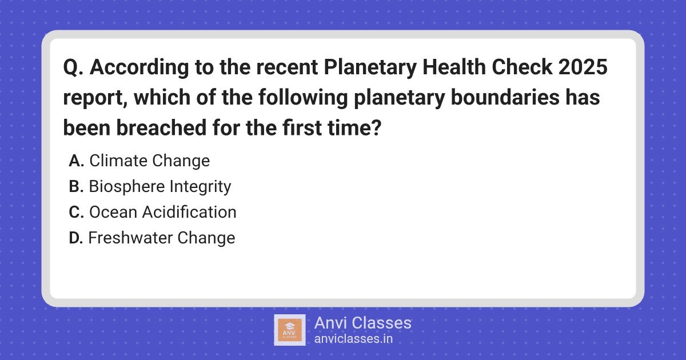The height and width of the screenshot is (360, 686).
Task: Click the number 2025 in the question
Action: [x=583, y=67]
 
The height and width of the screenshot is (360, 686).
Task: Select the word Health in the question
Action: [x=454, y=67]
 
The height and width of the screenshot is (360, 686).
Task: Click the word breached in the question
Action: [x=161, y=127]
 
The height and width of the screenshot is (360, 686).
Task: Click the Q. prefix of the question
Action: [x=73, y=67]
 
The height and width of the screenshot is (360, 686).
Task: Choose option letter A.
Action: [x=76, y=161]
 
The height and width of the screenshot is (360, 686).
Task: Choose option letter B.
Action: [x=76, y=186]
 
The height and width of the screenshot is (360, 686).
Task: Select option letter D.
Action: [x=76, y=238]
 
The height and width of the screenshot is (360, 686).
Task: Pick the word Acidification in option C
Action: [x=189, y=212]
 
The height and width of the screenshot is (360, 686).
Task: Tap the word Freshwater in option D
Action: [x=130, y=238]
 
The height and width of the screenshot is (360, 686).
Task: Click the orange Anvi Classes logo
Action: [x=290, y=330]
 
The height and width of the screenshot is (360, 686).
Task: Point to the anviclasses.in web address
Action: [x=353, y=339]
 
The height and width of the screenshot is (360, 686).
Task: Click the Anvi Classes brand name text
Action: [x=363, y=323]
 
